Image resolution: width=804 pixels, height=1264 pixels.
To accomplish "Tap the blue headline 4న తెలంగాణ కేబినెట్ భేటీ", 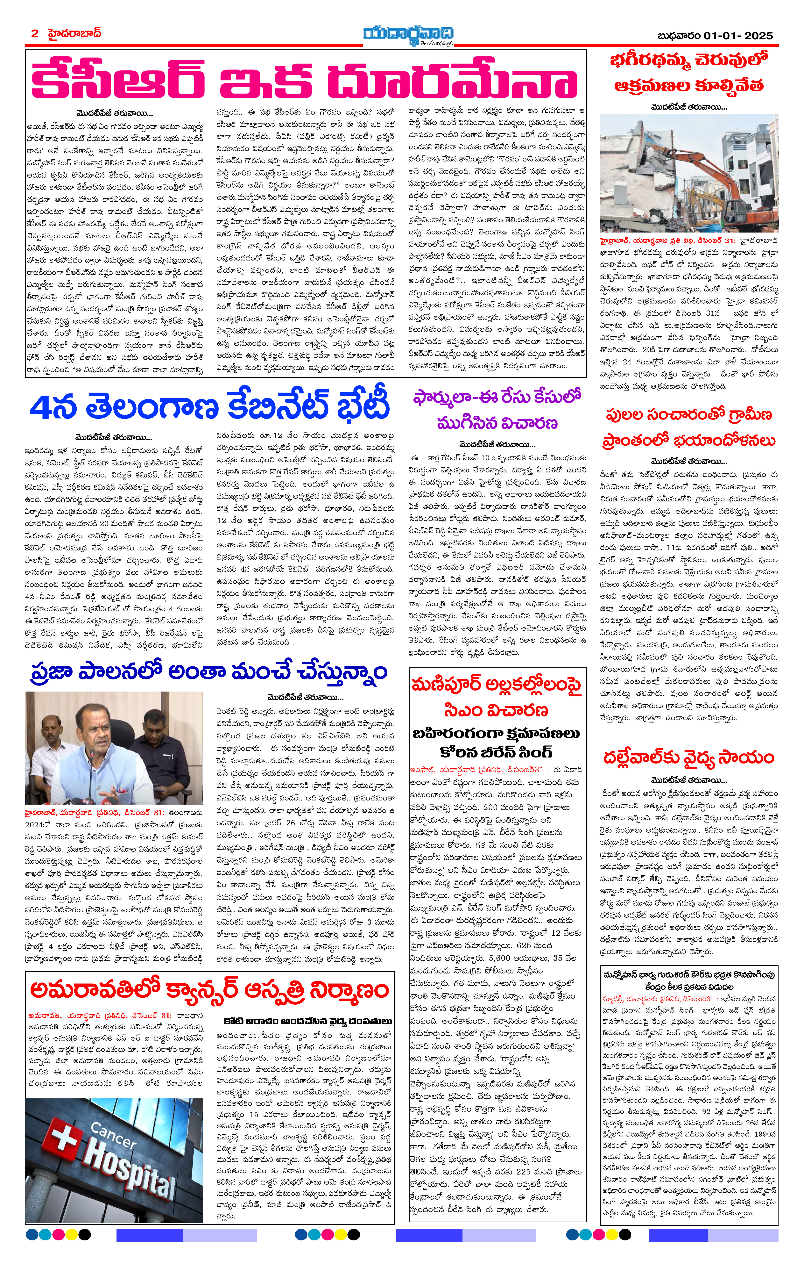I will point(210,407).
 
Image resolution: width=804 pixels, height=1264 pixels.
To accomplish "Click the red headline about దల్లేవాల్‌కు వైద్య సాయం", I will point(688,758).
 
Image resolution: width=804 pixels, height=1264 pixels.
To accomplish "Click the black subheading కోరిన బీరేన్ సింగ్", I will point(496,752).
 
